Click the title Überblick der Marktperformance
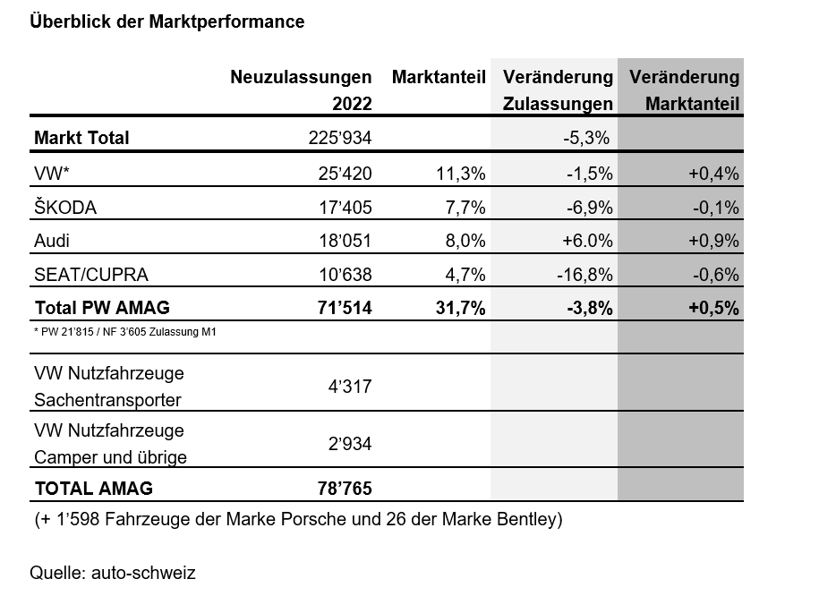(166, 21)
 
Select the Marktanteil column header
(439, 77)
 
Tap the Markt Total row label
(81, 138)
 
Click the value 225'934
(338, 138)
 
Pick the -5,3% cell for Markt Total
(586, 138)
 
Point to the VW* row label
(55, 174)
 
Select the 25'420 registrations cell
(343, 174)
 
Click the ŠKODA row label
(64, 208)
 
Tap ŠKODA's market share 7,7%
(465, 208)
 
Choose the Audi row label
(51, 241)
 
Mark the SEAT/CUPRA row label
(90, 275)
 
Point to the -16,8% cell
(583, 275)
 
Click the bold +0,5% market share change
(712, 308)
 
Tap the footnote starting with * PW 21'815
(125, 332)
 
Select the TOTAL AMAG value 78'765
(341, 489)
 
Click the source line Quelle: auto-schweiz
(112, 573)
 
